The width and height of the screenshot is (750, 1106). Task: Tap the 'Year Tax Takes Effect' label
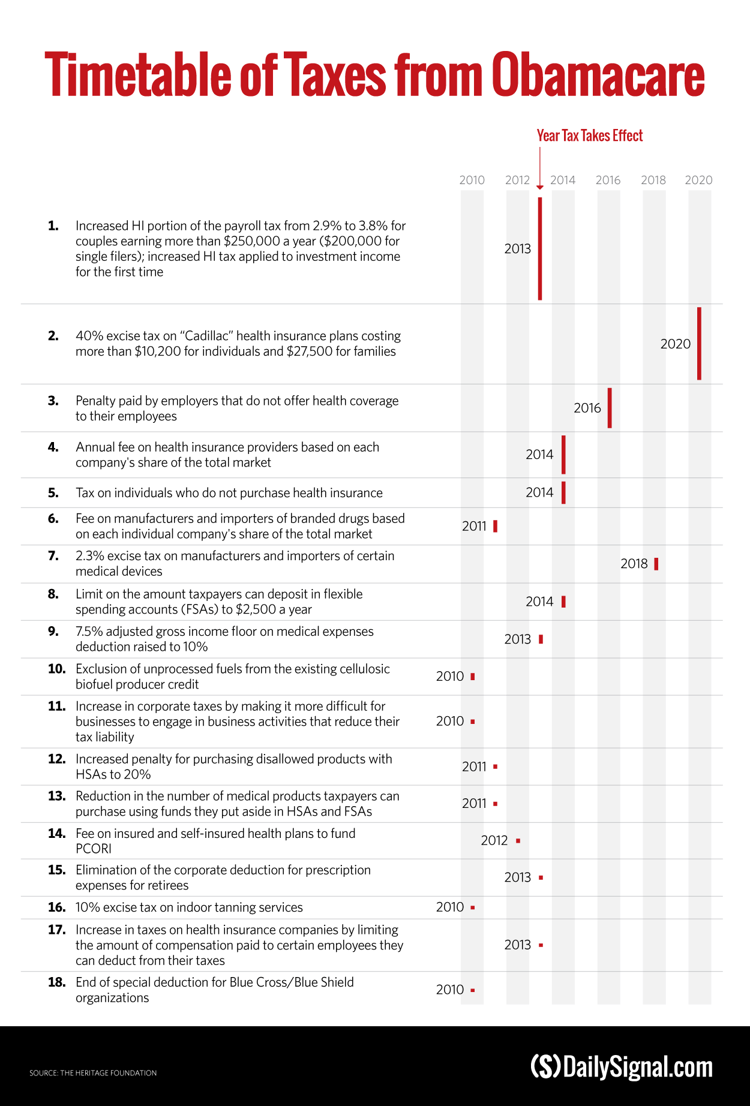(589, 136)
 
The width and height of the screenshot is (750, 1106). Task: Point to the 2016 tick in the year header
(608, 180)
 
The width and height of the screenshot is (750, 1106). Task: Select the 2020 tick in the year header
(698, 180)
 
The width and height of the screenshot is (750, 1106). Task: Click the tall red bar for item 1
(540, 248)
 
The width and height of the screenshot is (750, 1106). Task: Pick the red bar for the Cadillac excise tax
(699, 344)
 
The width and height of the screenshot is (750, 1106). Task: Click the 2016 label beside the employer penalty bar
(587, 408)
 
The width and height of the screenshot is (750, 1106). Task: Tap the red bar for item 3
(610, 408)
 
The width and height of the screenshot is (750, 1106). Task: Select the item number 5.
(53, 492)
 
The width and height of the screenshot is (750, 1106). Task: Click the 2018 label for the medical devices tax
(634, 564)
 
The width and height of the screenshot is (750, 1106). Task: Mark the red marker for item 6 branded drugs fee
(495, 526)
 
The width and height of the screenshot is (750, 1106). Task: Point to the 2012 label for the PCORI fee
(494, 840)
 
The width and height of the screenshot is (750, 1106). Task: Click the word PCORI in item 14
(93, 849)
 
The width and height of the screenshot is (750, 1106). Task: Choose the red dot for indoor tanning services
(473, 907)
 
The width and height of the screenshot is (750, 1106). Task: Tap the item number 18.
(56, 982)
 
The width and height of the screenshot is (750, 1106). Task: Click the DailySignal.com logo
(622, 1066)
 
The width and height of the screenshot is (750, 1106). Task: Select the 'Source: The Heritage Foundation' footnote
(93, 1073)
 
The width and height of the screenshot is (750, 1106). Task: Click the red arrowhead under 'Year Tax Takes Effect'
(540, 188)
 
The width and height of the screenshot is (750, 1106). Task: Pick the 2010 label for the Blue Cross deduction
(449, 990)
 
